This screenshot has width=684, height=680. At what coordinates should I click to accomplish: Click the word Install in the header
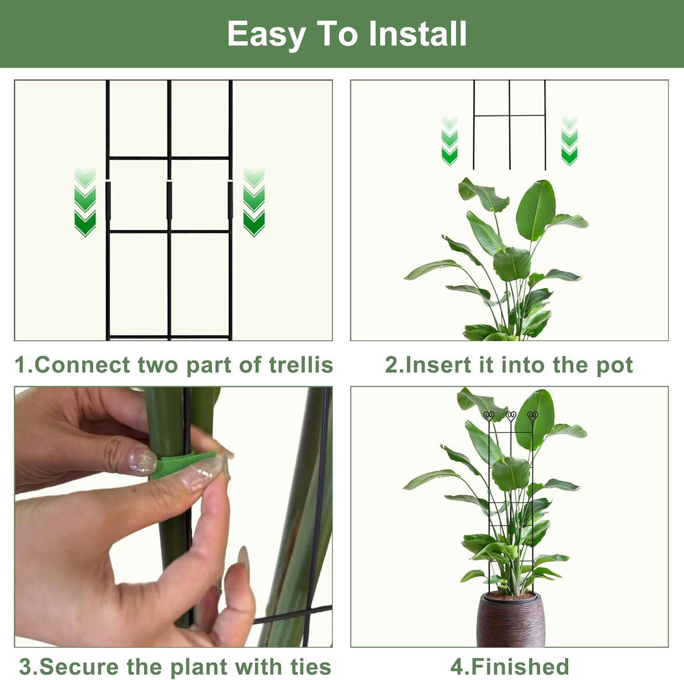click(417, 34)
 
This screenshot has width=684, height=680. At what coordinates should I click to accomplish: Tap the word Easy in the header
click(266, 35)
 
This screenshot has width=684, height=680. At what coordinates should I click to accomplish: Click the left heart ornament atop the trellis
click(489, 415)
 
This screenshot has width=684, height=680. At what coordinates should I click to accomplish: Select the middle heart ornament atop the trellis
click(511, 415)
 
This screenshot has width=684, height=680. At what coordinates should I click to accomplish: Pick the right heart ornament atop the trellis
click(532, 415)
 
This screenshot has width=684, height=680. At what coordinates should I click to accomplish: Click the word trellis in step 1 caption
click(301, 365)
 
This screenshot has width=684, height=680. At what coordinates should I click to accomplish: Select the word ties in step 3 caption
click(311, 667)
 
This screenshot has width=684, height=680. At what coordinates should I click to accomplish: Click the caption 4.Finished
click(509, 667)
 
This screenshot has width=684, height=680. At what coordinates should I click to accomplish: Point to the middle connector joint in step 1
click(169, 201)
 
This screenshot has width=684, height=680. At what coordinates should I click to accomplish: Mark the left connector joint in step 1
click(108, 201)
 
